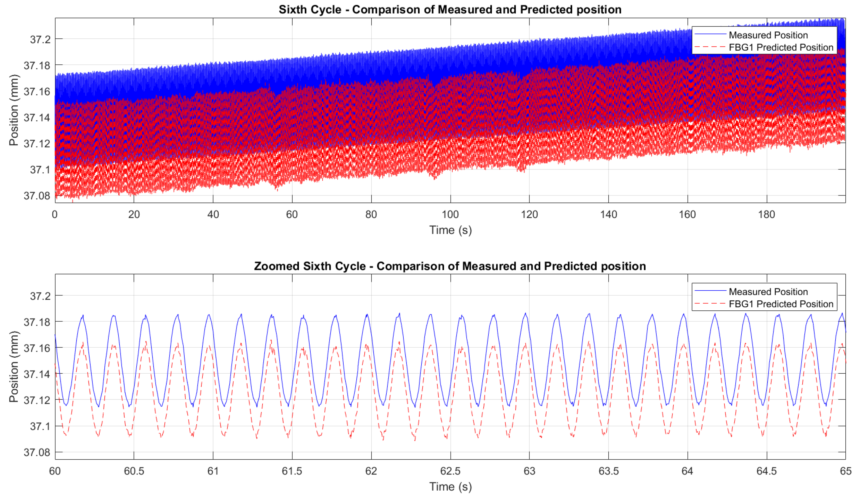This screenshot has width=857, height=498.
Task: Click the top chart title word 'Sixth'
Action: pyautogui.click(x=292, y=10)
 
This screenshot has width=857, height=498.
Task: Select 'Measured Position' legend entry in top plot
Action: pyautogui.click(x=768, y=35)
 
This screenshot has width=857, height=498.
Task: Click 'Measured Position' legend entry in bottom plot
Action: pyautogui.click(x=768, y=291)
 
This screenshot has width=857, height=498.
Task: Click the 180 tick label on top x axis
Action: pyautogui.click(x=766, y=215)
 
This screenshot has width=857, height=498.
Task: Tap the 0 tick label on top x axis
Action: pyautogui.click(x=55, y=215)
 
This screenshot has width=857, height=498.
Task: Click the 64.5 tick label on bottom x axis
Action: pyautogui.click(x=766, y=471)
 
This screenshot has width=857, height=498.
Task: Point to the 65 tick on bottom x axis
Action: pyautogui.click(x=845, y=471)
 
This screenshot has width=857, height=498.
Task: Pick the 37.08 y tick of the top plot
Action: pyautogui.click(x=37, y=196)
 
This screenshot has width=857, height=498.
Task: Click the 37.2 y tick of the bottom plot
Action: pyautogui.click(x=40, y=296)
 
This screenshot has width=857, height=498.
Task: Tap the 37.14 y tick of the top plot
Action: pyautogui.click(x=37, y=117)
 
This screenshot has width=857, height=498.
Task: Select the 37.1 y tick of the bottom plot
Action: pyautogui.click(x=40, y=426)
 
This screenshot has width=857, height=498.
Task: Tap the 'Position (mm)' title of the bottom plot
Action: pyautogui.click(x=13, y=366)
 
